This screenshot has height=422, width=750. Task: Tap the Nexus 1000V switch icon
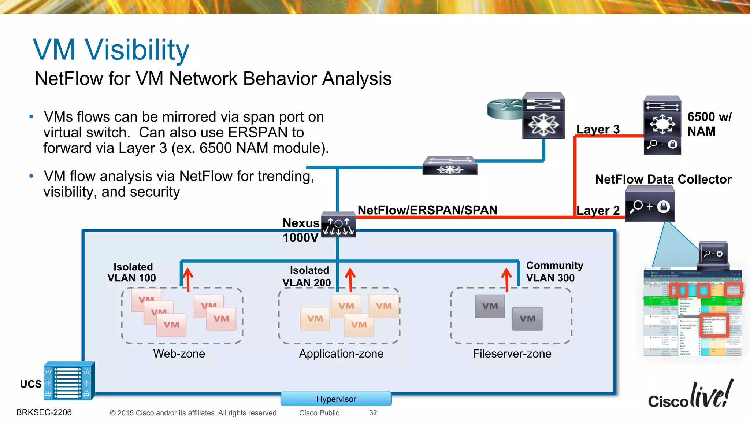click(x=338, y=225)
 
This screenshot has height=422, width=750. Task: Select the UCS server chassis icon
click(x=69, y=381)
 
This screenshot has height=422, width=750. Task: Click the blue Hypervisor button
click(x=336, y=399)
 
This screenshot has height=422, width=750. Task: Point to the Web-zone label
click(x=179, y=353)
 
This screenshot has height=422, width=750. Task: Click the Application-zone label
click(x=341, y=353)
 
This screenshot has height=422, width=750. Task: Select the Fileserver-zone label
click(x=512, y=353)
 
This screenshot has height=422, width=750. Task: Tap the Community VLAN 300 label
click(x=554, y=271)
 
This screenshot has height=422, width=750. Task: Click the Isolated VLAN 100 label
click(x=132, y=272)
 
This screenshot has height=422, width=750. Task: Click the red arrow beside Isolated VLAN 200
click(x=350, y=279)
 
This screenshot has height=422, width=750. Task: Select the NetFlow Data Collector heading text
click(x=663, y=179)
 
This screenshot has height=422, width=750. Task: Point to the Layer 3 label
click(x=598, y=129)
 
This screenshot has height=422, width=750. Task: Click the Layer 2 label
click(x=598, y=211)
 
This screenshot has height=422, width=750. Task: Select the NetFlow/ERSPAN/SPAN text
click(x=427, y=210)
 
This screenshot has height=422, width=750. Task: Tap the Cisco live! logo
click(x=691, y=396)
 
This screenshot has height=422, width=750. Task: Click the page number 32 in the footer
click(x=373, y=413)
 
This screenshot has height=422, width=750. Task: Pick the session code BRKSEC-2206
click(x=44, y=412)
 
